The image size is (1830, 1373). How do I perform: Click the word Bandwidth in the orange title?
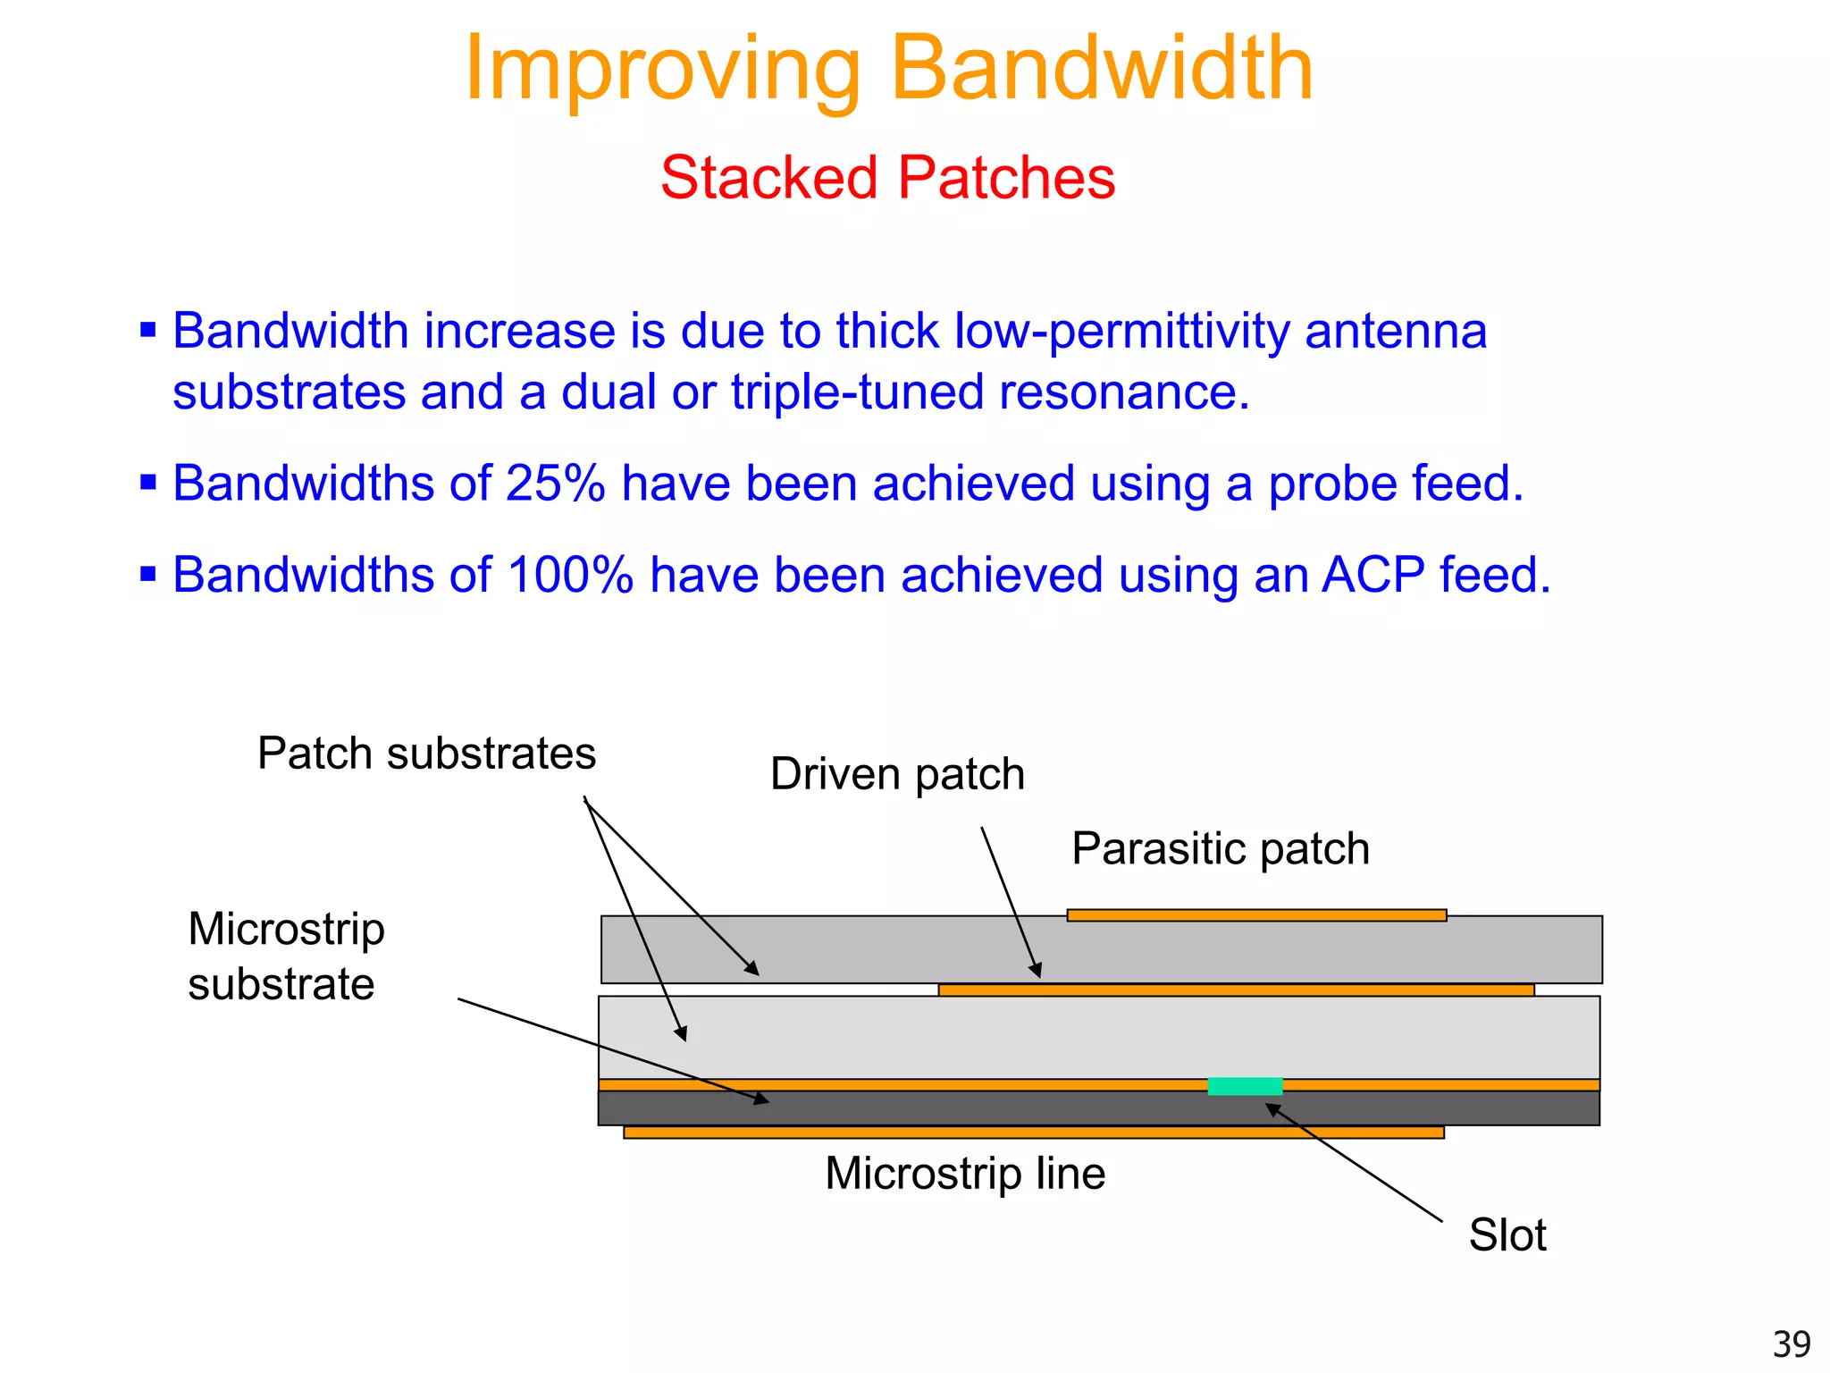click(x=1101, y=69)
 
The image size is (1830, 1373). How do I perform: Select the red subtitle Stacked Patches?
click(x=887, y=177)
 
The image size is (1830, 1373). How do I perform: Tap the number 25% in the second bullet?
click(x=555, y=484)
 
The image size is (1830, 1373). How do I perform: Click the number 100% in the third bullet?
click(x=569, y=575)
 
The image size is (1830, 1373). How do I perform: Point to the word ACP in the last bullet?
click(x=1372, y=575)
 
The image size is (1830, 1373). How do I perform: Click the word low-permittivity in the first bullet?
click(x=1121, y=331)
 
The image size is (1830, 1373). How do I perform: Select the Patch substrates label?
click(x=426, y=754)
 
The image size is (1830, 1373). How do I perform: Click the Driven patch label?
click(x=897, y=774)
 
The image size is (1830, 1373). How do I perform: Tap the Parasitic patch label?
click(x=1220, y=848)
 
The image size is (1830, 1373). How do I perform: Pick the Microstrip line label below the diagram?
click(x=965, y=1174)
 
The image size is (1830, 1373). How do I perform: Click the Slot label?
click(x=1507, y=1235)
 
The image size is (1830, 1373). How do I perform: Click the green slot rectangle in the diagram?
click(x=1245, y=1086)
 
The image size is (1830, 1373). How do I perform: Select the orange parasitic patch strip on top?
click(x=1255, y=915)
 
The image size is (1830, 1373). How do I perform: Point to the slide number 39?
click(x=1791, y=1344)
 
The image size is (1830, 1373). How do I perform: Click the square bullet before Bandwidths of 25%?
click(x=148, y=484)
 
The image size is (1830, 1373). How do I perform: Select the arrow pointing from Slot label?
click(x=1354, y=1163)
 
